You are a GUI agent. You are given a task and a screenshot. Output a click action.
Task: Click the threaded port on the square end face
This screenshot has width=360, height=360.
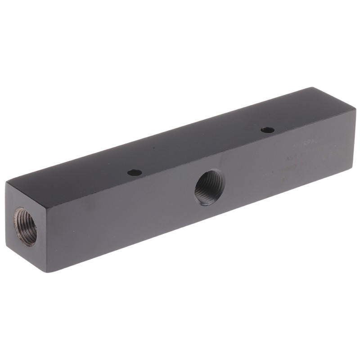click(26, 226)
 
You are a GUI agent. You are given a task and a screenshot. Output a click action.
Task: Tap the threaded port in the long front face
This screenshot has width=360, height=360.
click(209, 186)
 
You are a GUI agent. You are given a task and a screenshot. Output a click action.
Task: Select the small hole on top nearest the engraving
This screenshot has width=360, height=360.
click(267, 130)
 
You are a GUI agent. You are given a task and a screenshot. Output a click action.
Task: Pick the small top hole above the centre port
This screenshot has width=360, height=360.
click(134, 172)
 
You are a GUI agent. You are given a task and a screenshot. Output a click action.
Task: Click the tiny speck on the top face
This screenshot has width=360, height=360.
click(154, 148)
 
